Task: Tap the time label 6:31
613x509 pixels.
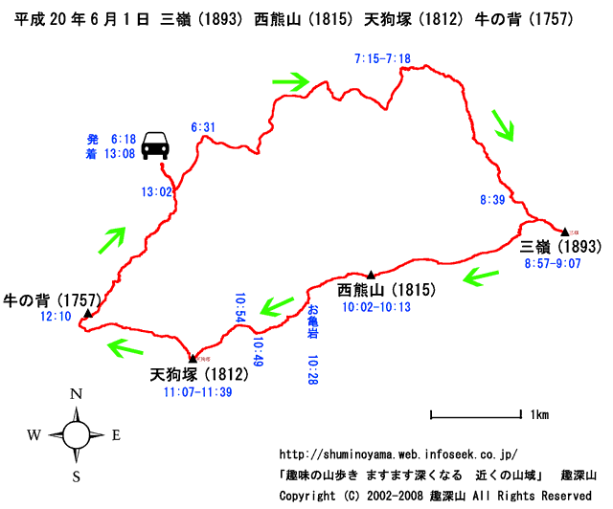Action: (202, 126)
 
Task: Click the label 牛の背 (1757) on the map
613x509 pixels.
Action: (53, 299)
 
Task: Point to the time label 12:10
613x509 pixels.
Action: (56, 317)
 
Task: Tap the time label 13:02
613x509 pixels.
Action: (155, 192)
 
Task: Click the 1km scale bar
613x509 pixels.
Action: (475, 415)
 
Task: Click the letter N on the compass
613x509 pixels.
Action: (76, 394)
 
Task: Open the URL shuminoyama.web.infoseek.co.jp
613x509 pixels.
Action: (397, 454)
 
